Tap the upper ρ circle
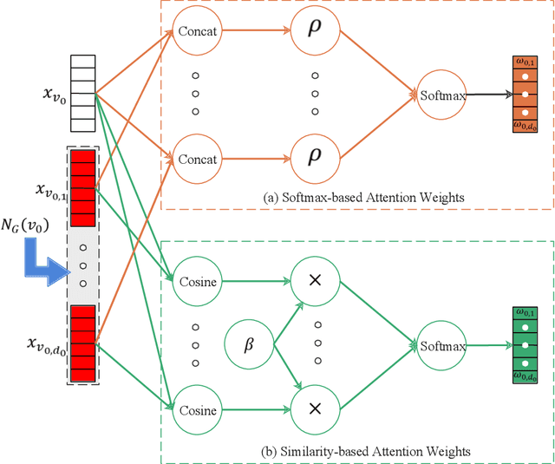point(314,32)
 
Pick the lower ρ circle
point(314,160)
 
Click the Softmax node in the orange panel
point(441,95)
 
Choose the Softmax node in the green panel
point(441,345)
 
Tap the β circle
point(249,344)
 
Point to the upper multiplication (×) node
point(314,282)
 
